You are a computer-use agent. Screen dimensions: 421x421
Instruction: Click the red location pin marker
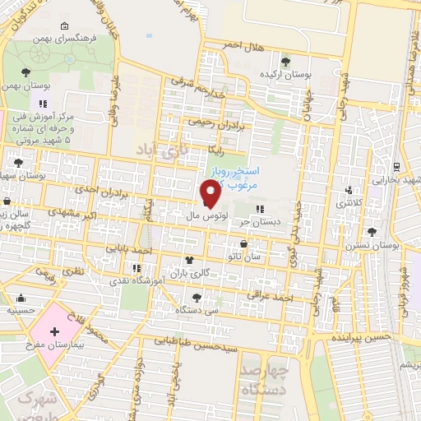(x=210, y=192)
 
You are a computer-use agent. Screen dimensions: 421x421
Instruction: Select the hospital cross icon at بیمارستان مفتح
(x=55, y=332)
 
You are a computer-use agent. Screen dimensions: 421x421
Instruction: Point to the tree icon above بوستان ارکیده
(x=285, y=61)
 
